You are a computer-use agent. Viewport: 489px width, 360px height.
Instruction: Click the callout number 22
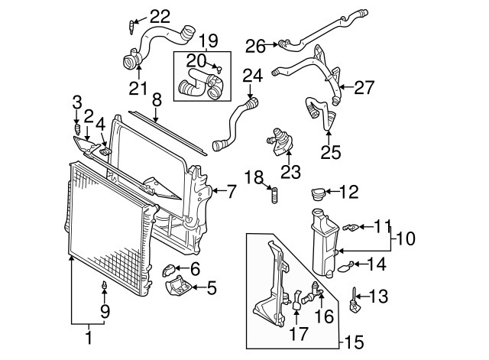[160, 15]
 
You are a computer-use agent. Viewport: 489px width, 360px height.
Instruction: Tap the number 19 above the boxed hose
[209, 40]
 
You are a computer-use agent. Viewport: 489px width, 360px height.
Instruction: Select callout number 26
[255, 46]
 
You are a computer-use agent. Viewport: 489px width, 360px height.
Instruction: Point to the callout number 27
[364, 87]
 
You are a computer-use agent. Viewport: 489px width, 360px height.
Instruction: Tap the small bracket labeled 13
[355, 300]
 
